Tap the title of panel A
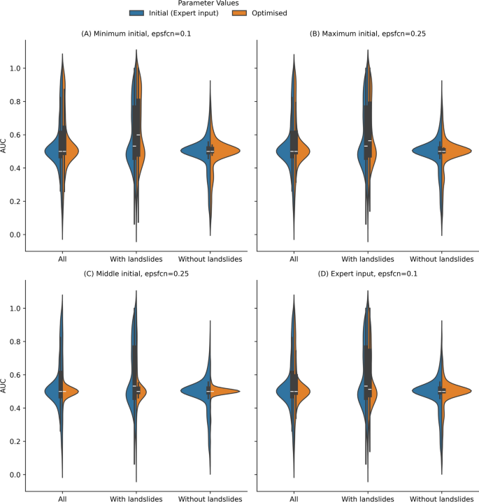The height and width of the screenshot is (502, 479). [x=136, y=33]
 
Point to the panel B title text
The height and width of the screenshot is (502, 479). [x=367, y=33]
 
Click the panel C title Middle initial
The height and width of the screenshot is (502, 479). [x=136, y=273]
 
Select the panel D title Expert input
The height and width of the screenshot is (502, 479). [x=367, y=273]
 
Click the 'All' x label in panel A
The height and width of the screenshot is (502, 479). [x=62, y=259]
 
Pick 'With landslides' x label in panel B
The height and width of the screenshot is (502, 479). [x=367, y=259]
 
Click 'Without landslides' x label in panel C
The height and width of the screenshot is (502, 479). [x=210, y=499]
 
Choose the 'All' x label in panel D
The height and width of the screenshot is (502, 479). [x=293, y=499]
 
